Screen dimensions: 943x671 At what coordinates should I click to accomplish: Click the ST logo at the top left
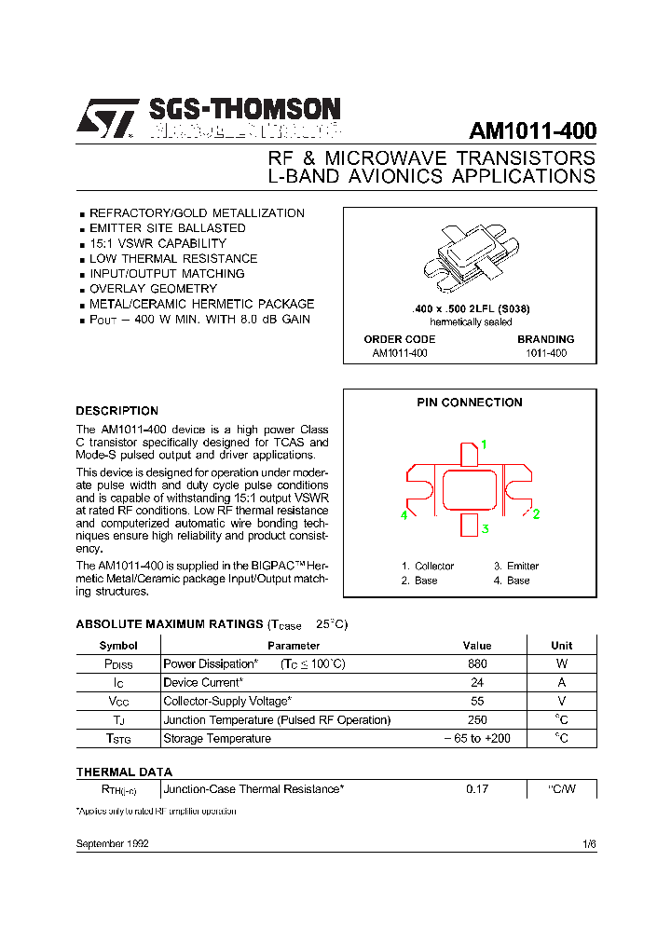(105, 119)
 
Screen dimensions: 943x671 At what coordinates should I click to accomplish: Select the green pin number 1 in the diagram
(484, 444)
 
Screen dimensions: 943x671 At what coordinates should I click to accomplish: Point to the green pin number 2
(536, 513)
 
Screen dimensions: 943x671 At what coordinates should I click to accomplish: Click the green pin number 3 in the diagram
(485, 529)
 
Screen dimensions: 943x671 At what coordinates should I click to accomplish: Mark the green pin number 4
(404, 514)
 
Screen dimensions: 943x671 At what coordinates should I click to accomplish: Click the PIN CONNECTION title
(469, 403)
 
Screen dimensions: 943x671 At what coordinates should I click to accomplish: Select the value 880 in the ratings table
(477, 664)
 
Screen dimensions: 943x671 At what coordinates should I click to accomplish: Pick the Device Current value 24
(477, 682)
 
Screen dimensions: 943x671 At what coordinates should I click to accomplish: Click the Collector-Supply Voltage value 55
(477, 701)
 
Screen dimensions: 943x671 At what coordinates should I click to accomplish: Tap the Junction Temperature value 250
(477, 719)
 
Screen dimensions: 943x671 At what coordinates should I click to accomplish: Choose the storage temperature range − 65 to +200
(477, 738)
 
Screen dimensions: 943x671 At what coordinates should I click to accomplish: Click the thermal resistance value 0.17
(477, 789)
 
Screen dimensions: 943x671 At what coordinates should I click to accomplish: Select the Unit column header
(561, 645)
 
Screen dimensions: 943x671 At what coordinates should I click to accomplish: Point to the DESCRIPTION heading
(116, 411)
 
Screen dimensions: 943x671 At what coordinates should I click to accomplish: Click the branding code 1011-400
(545, 353)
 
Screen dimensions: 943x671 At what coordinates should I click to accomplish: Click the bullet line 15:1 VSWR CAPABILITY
(157, 243)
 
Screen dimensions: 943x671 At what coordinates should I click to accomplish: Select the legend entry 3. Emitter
(516, 566)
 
